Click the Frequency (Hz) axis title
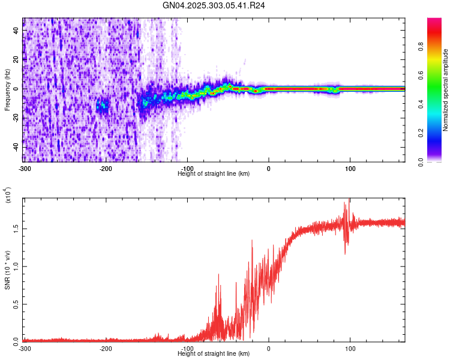7,89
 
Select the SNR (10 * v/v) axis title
7,269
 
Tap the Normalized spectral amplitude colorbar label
445,89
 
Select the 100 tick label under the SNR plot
350,348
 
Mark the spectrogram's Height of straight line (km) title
214,173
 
